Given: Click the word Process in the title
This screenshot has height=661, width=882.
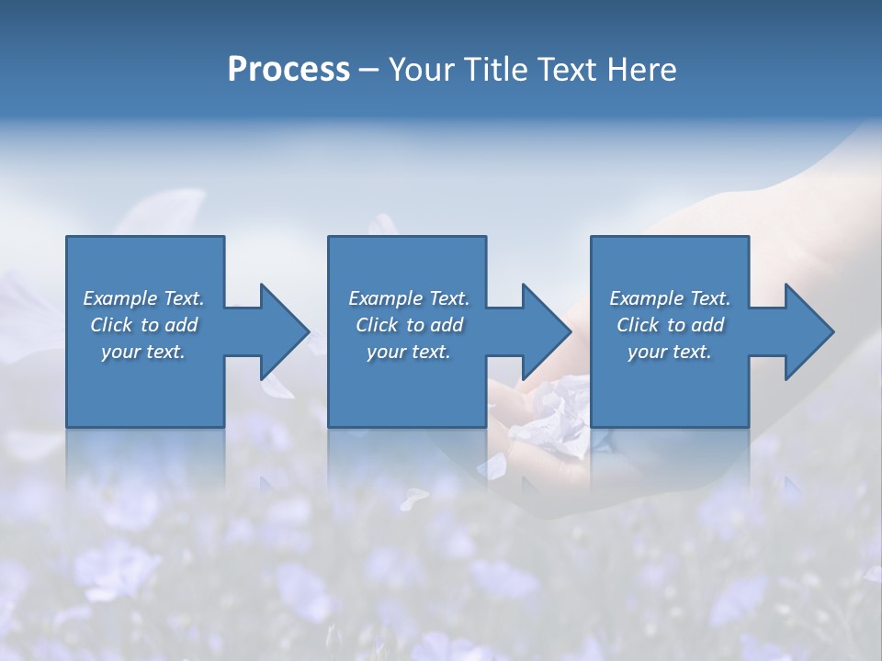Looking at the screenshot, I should click(x=288, y=70).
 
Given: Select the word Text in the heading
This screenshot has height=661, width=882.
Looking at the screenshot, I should click(x=568, y=70).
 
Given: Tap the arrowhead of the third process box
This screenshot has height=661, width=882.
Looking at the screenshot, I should click(x=808, y=331).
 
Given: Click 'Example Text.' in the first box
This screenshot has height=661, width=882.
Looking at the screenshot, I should click(x=143, y=298).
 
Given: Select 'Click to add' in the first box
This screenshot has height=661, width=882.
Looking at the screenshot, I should click(x=143, y=325).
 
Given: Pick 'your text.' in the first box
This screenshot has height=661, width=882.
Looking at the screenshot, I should click(x=143, y=352).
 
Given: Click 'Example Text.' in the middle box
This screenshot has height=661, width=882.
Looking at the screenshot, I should click(x=408, y=298).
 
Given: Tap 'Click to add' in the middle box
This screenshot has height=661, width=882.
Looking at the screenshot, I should click(x=408, y=325).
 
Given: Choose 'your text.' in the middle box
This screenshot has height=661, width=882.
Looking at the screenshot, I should click(x=408, y=352).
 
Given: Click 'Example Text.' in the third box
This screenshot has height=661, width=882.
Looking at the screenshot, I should click(x=670, y=298).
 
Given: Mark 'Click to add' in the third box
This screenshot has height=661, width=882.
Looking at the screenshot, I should click(x=670, y=325).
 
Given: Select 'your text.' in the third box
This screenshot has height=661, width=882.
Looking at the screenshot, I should click(x=670, y=352).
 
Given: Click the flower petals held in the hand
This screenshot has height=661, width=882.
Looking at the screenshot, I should click(x=556, y=413).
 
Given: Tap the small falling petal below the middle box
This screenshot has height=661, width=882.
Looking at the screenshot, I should click(x=413, y=498).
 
